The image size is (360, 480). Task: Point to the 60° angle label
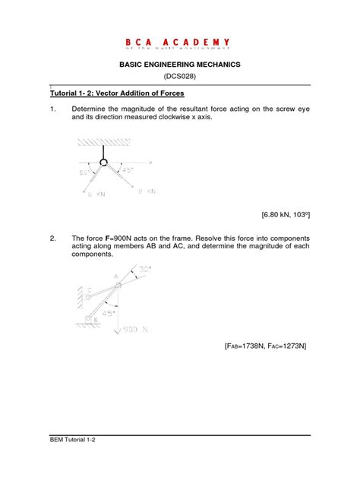[x=84, y=172]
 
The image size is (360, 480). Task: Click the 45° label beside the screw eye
[x=128, y=171]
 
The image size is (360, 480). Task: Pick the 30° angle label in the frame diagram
[x=145, y=269]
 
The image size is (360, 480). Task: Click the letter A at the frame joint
[x=116, y=279]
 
